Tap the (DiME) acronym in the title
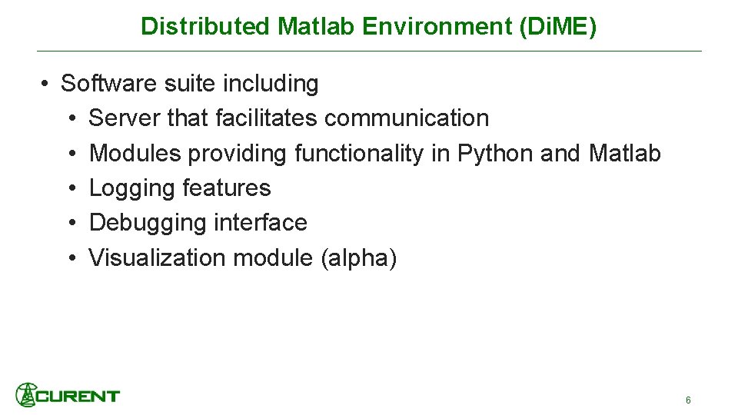[x=558, y=26]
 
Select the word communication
[x=407, y=118]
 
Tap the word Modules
[x=135, y=153]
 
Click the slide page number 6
[x=688, y=400]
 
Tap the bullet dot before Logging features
[x=70, y=188]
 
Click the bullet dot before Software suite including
[x=46, y=84]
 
